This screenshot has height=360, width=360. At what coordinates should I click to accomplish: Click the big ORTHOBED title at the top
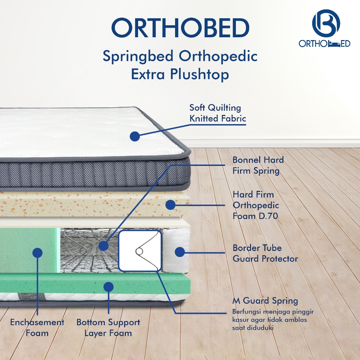click(x=180, y=28)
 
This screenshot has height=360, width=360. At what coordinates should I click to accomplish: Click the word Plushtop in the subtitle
click(x=199, y=75)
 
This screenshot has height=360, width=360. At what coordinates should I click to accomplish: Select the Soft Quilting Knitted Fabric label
click(x=218, y=113)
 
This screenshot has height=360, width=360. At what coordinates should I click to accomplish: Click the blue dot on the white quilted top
click(x=135, y=136)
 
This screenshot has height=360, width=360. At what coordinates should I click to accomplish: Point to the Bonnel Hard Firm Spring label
click(x=258, y=165)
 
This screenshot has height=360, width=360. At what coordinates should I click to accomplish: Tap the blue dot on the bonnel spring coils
click(x=104, y=246)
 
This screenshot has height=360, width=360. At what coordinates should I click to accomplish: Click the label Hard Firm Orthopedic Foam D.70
click(x=256, y=205)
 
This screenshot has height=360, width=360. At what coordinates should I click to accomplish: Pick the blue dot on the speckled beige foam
click(x=171, y=205)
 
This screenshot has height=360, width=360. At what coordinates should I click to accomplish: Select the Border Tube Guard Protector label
click(x=265, y=253)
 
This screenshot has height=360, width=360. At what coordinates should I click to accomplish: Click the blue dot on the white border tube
click(x=180, y=252)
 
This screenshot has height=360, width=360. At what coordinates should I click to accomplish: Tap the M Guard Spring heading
click(x=265, y=301)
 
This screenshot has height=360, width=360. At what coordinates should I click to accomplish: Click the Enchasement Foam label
click(x=37, y=328)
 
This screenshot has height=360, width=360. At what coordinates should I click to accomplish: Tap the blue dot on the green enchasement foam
click(x=37, y=253)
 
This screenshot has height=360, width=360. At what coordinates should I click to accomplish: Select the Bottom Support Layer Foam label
click(x=108, y=328)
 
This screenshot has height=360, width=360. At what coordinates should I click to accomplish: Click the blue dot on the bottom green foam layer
click(x=109, y=287)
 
